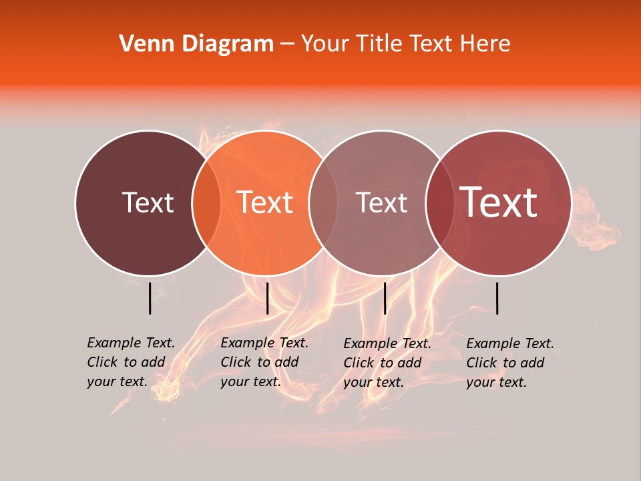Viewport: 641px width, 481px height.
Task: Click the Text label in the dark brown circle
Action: tap(148, 202)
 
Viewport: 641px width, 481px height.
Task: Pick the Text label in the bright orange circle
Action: tap(265, 202)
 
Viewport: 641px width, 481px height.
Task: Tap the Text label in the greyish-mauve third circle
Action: tap(382, 202)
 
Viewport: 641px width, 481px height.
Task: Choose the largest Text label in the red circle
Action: tap(499, 202)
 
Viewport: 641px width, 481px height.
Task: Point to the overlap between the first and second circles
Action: tap(206, 202)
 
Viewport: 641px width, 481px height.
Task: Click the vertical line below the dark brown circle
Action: tap(150, 298)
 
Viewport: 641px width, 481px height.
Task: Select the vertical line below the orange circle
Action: tap(267, 298)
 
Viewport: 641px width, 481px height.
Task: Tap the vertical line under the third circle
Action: tap(385, 298)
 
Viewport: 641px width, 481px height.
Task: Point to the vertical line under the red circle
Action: tap(497, 298)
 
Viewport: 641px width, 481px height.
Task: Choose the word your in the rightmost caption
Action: tap(480, 382)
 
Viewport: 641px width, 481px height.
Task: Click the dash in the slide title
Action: tap(287, 44)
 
